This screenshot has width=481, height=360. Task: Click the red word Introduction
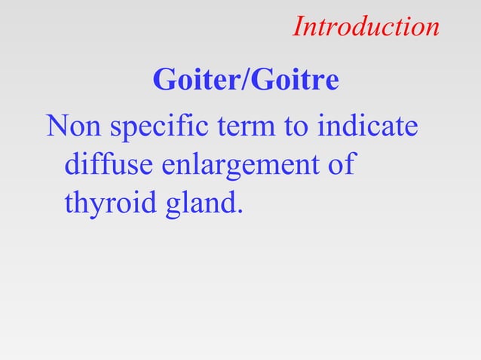click(x=366, y=27)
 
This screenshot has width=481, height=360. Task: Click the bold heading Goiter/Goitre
click(x=246, y=80)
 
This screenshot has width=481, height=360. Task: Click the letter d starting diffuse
click(x=74, y=164)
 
